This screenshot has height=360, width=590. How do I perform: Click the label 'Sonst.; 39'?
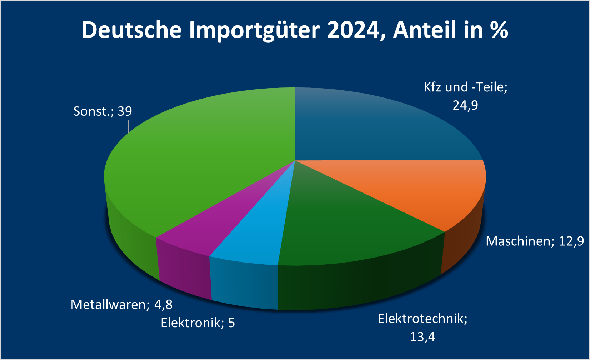pos(102,111)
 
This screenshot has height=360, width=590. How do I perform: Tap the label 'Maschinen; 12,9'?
pos(535,241)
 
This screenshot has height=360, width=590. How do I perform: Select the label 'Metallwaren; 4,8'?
pos(121,305)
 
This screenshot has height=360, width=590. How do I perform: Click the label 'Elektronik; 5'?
pos(197,323)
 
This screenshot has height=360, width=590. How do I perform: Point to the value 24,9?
pos(465,106)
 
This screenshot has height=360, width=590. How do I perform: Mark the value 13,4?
pos(422,337)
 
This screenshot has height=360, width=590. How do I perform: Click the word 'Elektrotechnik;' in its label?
pos(422,319)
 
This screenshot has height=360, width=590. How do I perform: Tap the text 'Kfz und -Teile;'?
pos(465,87)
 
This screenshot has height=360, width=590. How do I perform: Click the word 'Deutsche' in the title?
pos(131,30)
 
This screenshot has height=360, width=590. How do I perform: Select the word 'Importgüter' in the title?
pos(254,30)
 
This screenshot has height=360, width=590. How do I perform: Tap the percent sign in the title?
pos(499,30)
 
